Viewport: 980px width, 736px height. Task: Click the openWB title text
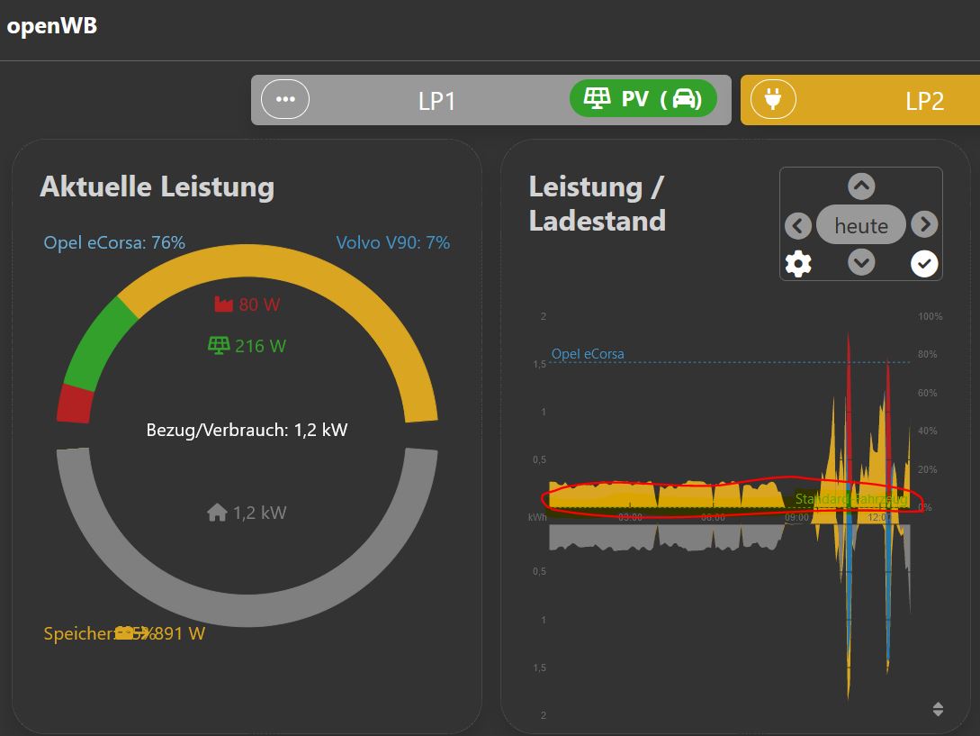pos(51,26)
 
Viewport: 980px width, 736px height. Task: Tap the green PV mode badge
pos(643,99)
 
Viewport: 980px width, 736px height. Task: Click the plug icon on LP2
pos(773,99)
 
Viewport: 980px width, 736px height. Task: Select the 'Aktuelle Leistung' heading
pos(157,186)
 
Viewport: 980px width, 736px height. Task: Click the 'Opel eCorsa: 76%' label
pos(114,242)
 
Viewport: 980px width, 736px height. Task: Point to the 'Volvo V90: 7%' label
pos(392,242)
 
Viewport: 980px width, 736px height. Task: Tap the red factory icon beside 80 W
pos(223,304)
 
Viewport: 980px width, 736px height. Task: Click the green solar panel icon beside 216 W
pos(219,345)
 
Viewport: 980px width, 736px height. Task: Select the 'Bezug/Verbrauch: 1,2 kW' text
pos(247,430)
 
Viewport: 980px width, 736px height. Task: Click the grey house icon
pos(217,513)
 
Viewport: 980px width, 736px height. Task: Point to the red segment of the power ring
pos(76,403)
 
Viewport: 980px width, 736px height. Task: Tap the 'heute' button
pos(861,225)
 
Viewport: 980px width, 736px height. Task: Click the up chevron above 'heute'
pos(861,186)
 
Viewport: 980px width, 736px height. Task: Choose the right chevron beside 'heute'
pos(924,224)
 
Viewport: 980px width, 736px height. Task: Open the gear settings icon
pos(798,264)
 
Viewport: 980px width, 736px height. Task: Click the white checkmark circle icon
pos(924,263)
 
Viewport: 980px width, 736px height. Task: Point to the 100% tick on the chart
pos(930,317)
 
